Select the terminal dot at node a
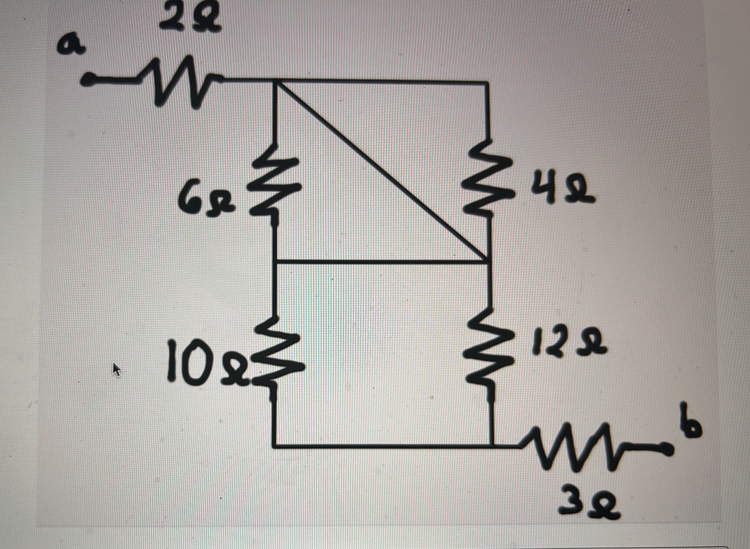88,79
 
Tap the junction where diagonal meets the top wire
274,81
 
